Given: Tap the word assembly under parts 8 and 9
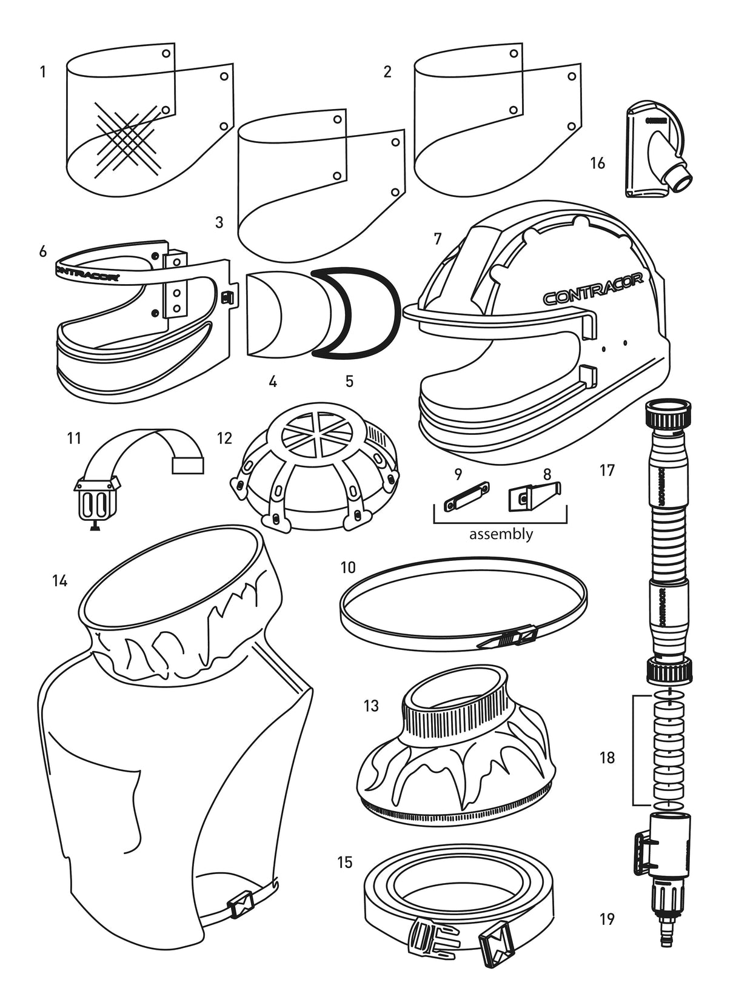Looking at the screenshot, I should (x=501, y=534).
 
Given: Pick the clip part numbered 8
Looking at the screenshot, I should (x=533, y=494).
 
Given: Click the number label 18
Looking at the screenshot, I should (x=607, y=758).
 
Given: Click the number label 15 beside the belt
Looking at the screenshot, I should (x=344, y=862).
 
